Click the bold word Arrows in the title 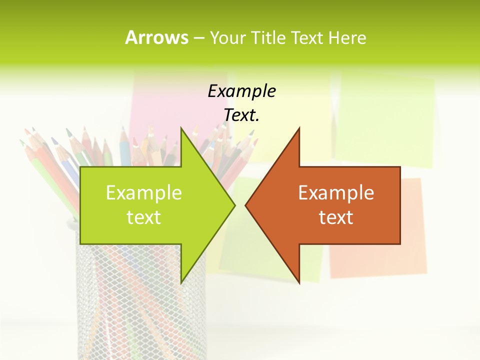coord(156,37)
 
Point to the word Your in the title coord(227,38)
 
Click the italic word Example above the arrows coord(241,91)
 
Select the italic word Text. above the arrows coord(241,115)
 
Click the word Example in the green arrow coord(143,192)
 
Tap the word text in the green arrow coord(143,217)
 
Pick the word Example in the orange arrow coord(336,192)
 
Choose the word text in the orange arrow coord(336,217)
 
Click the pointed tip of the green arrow coord(234,205)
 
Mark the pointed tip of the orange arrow coord(246,205)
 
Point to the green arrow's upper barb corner coord(181,128)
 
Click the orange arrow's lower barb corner coord(299,283)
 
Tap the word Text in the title coord(306,38)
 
